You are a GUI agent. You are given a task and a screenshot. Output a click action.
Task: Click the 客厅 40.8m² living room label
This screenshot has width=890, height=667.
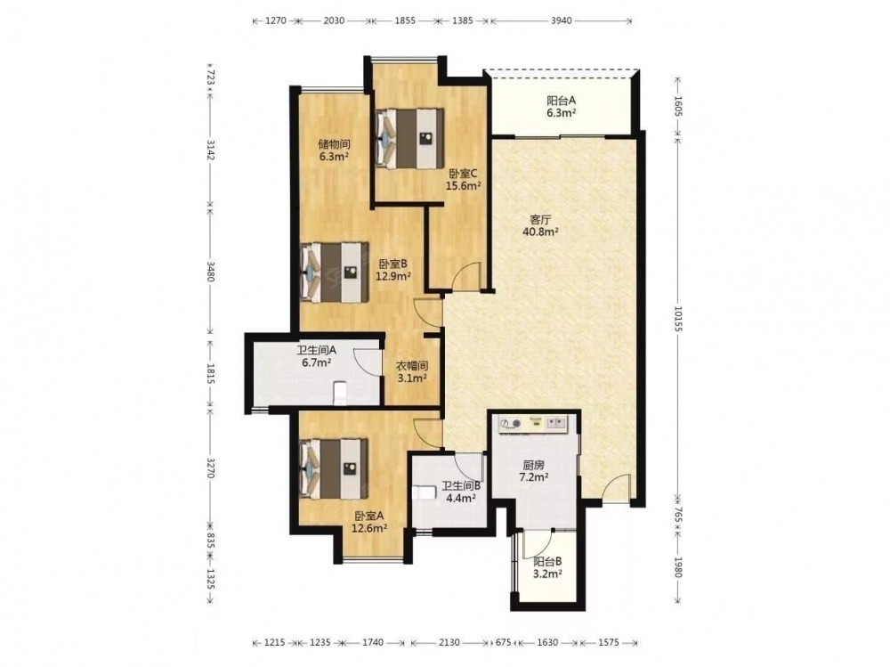pos(537,225)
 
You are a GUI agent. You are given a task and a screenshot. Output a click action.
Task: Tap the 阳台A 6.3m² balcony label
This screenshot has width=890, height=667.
pos(562,106)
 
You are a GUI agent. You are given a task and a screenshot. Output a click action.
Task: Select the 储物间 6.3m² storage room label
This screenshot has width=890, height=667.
pos(333,150)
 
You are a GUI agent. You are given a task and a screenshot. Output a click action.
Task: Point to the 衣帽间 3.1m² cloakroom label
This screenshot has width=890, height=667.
pos(411,372)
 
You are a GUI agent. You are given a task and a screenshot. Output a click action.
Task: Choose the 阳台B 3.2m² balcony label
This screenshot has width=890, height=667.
pos(547,567)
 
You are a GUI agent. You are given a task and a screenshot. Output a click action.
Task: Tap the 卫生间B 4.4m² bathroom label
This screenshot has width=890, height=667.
pos(461,492)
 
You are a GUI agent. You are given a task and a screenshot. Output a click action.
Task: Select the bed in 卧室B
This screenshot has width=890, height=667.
pos(334,272)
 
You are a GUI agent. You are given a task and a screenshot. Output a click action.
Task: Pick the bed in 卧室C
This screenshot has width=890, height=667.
pos(409,138)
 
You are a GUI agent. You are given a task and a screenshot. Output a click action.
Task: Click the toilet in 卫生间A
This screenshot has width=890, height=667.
pos(340,393)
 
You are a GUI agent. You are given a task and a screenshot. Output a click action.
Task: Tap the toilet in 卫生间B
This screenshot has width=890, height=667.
pos(421,492)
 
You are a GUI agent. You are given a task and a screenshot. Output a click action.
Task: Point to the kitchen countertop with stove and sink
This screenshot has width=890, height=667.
pos(533,423)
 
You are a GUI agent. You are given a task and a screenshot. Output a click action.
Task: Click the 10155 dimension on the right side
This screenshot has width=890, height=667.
pos(677,318)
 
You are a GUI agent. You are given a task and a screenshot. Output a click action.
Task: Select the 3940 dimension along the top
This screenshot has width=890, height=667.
pos(561,21)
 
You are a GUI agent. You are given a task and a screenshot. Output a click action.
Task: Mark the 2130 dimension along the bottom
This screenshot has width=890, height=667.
pos(449,643)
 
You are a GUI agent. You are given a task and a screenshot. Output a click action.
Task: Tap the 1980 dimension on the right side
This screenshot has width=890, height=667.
pos(677,567)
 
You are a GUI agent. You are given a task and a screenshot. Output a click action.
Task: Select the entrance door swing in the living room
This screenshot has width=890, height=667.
pos(616,487)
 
